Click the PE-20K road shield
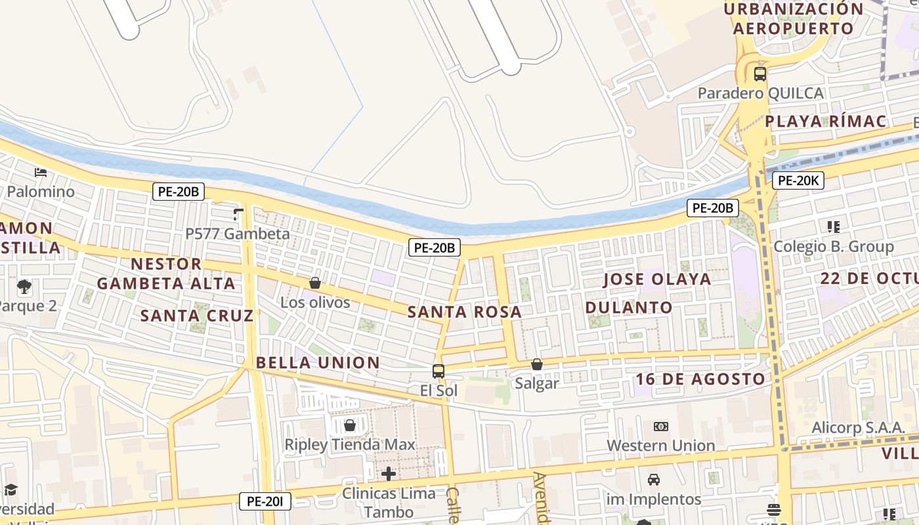[798, 180]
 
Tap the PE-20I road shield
[265, 501]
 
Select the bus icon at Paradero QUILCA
[759, 73]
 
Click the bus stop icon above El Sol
[438, 371]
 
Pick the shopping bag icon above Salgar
[537, 364]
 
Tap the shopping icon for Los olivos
[315, 283]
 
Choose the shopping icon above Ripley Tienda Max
[350, 425]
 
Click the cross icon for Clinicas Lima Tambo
[389, 473]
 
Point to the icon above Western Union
[660, 427]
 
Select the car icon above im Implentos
[654, 480]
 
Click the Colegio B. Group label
[833, 247]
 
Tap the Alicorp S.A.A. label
[858, 427]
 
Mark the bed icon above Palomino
[41, 173]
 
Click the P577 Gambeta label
[237, 234]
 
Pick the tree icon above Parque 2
[24, 286]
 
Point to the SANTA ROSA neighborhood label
[465, 312]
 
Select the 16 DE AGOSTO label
[700, 379]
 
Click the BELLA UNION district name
[318, 363]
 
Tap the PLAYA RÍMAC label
[825, 121]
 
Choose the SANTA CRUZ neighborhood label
[197, 316]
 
